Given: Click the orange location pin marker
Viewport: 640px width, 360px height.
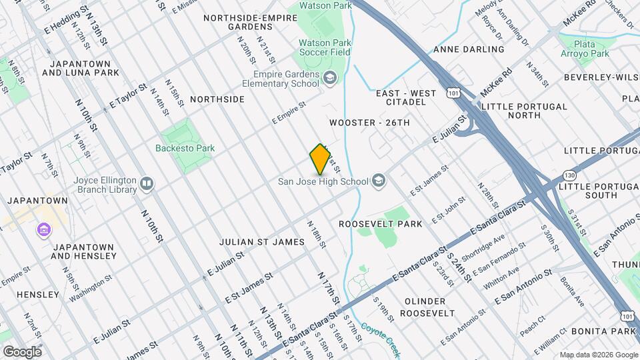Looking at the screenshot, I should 321,159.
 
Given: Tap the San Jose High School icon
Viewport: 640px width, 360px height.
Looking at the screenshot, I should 379,181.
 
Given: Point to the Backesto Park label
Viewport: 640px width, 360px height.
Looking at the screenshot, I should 185,148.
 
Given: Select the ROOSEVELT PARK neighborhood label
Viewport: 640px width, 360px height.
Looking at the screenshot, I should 381,224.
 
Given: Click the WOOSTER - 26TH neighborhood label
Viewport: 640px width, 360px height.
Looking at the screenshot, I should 369,123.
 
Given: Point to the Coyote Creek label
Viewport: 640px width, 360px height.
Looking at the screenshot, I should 380,333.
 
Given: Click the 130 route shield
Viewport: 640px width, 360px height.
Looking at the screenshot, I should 568,175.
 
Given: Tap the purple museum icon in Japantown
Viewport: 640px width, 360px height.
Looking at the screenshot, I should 44,230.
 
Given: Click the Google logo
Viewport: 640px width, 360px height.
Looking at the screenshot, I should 22,352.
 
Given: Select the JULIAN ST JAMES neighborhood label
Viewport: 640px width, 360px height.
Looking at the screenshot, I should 262,241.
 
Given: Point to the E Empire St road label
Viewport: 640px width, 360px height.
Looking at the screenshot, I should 289,113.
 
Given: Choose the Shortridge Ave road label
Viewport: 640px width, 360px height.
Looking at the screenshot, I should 483,248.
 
